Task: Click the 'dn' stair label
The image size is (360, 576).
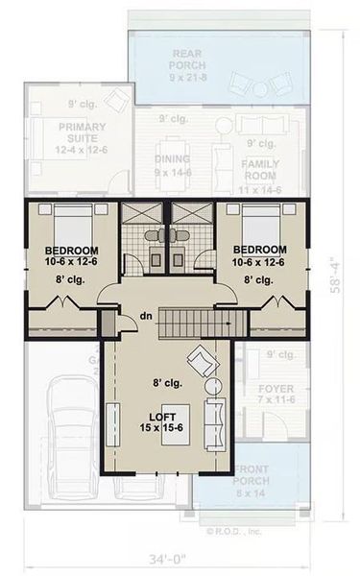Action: pos(145,314)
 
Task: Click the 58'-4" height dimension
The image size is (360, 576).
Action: pos(341,276)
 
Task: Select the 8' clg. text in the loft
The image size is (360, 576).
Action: pos(168,383)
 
